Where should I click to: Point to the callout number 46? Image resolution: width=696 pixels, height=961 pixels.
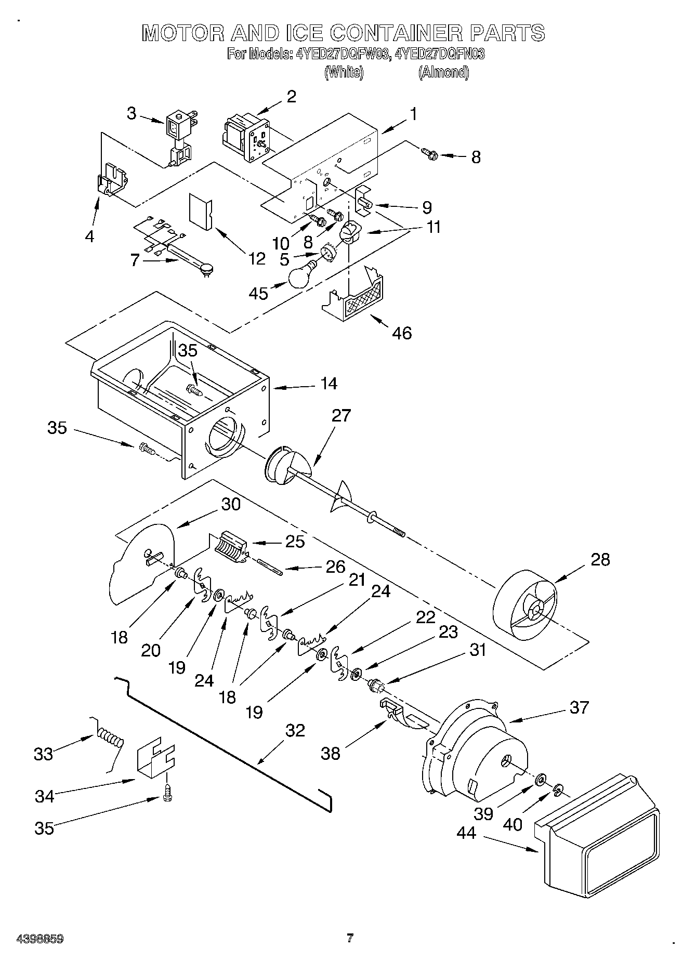click(402, 333)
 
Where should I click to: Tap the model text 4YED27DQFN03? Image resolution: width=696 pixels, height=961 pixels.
click(440, 54)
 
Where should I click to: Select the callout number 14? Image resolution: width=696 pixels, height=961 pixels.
click(329, 384)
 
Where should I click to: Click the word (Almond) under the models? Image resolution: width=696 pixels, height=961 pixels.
click(443, 73)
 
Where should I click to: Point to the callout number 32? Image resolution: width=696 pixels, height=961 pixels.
click(295, 730)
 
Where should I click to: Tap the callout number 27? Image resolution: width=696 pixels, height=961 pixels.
click(341, 416)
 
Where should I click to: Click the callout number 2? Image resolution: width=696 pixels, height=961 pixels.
click(291, 97)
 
